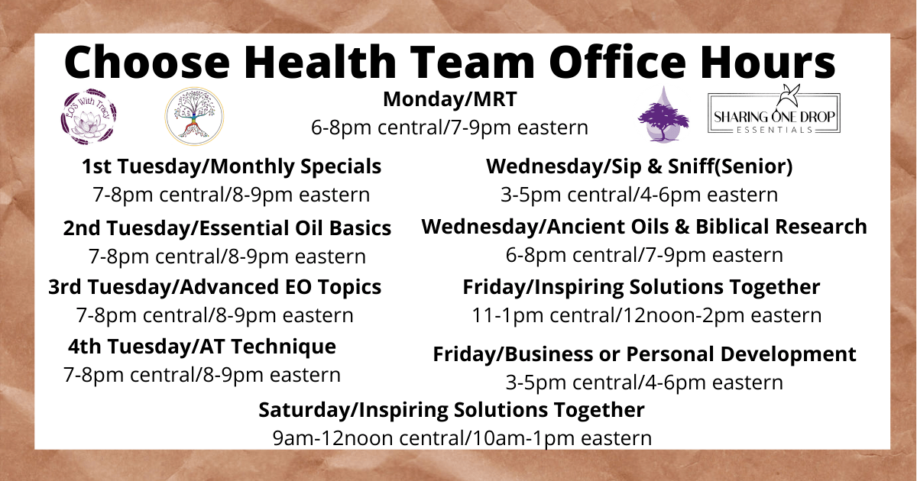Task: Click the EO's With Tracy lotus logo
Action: pos(89,117)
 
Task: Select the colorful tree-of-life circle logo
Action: pos(194,116)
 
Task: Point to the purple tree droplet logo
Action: pos(663,115)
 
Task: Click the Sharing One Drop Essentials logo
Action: pos(774,110)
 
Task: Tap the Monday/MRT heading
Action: pos(450,99)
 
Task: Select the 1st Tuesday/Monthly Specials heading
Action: pos(232,167)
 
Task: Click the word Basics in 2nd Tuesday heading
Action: pos(360,228)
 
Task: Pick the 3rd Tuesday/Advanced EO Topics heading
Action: pos(215,287)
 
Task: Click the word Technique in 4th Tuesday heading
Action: pos(284,347)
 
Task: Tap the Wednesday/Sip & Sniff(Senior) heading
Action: pos(640,166)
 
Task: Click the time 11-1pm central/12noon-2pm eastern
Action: pos(646,315)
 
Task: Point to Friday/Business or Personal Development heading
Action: pos(644,354)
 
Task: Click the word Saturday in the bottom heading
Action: pos(304,410)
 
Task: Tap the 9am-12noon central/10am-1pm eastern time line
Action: pos(462,438)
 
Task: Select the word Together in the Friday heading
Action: pos(775,287)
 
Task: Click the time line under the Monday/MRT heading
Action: pos(449,128)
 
